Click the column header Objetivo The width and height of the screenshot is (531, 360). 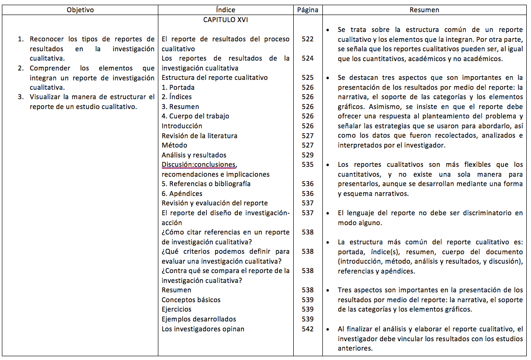(x=80, y=10)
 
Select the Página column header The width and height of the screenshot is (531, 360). (x=308, y=10)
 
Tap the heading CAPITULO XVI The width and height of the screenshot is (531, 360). (x=226, y=20)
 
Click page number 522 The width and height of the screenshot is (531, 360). (x=308, y=39)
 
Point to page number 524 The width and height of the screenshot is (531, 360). (x=308, y=58)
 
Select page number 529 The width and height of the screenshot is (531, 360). (x=308, y=155)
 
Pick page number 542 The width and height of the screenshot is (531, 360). (x=308, y=329)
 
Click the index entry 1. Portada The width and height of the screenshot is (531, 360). (x=178, y=87)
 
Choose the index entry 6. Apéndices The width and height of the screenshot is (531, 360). (x=182, y=194)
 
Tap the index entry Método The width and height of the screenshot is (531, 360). (x=174, y=145)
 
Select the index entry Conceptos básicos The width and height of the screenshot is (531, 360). (x=191, y=300)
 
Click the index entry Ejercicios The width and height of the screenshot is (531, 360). (x=177, y=310)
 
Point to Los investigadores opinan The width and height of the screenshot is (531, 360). (x=203, y=329)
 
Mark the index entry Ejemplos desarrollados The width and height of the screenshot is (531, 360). (x=199, y=319)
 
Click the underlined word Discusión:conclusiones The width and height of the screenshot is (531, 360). (x=199, y=164)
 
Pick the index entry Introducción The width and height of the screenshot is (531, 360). (x=182, y=126)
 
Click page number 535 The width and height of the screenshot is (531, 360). (x=308, y=164)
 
